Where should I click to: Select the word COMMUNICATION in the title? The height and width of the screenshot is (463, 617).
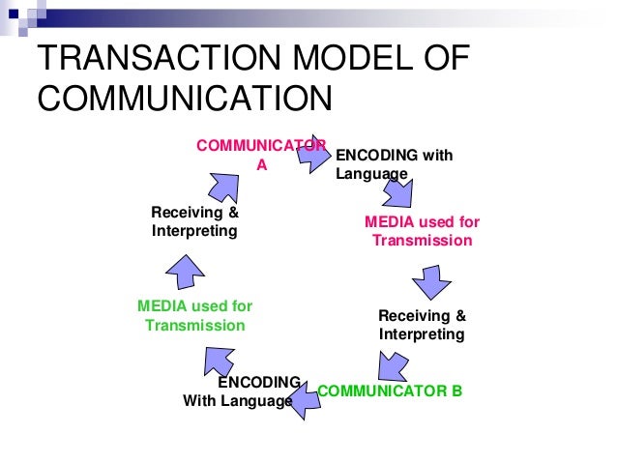[x=184, y=101]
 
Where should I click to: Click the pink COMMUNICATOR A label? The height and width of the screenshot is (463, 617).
[x=260, y=154]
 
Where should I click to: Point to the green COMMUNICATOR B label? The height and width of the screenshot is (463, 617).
[x=390, y=391]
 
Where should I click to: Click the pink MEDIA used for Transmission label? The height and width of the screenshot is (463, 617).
[x=422, y=231]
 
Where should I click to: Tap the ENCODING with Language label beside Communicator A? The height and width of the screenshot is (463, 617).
[x=393, y=164]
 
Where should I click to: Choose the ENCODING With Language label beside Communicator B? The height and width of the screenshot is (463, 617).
[x=242, y=391]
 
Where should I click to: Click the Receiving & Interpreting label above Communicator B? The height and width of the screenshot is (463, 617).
[x=422, y=325]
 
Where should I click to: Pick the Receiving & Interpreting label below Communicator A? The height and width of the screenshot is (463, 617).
[x=194, y=221]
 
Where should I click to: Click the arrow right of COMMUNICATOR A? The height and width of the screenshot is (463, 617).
[x=312, y=154]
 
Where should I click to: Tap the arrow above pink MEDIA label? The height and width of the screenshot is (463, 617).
[x=397, y=196]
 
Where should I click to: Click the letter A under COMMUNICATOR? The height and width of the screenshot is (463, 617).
[x=260, y=163]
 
